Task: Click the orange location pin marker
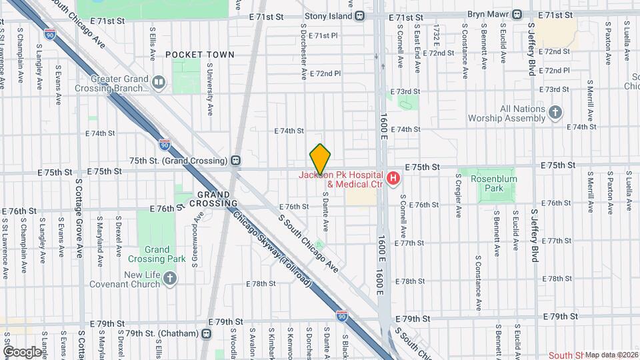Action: tap(320, 159)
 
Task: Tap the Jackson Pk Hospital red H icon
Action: tap(393, 179)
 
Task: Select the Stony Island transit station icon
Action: tap(360, 15)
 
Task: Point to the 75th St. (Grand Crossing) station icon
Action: tap(235, 161)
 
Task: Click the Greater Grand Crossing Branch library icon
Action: tap(159, 83)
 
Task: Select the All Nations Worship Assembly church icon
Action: tap(555, 113)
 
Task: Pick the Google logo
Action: tap(21, 351)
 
